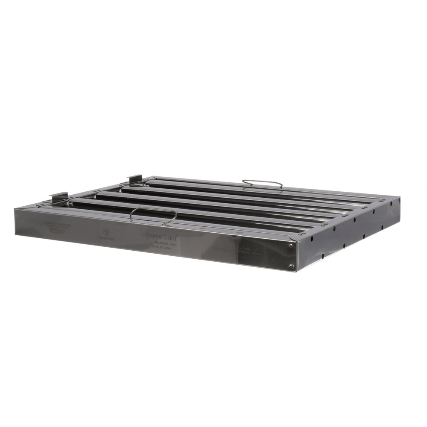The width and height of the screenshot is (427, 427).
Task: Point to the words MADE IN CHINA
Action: click(161, 247)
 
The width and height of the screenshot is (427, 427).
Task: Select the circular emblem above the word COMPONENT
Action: click(105, 230)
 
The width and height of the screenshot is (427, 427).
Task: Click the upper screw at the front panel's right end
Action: click(291, 245)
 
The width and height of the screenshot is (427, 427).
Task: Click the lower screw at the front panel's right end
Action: click(291, 266)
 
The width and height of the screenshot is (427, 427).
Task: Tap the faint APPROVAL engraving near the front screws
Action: click(252, 251)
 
